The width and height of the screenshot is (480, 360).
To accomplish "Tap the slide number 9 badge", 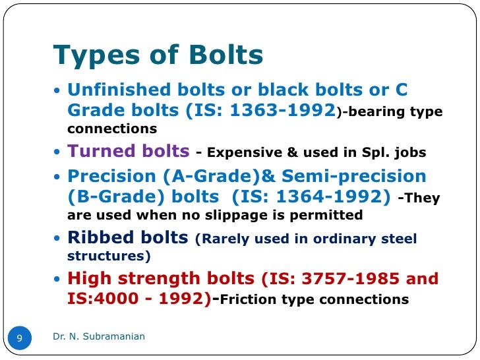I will (x=20, y=338).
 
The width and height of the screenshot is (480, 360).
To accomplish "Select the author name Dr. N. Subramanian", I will (x=99, y=337).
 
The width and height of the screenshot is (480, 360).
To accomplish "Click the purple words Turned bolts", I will (x=129, y=151).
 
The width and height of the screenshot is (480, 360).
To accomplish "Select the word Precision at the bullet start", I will (x=109, y=176).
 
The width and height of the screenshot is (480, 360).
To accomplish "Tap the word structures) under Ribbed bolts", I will (x=109, y=256).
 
